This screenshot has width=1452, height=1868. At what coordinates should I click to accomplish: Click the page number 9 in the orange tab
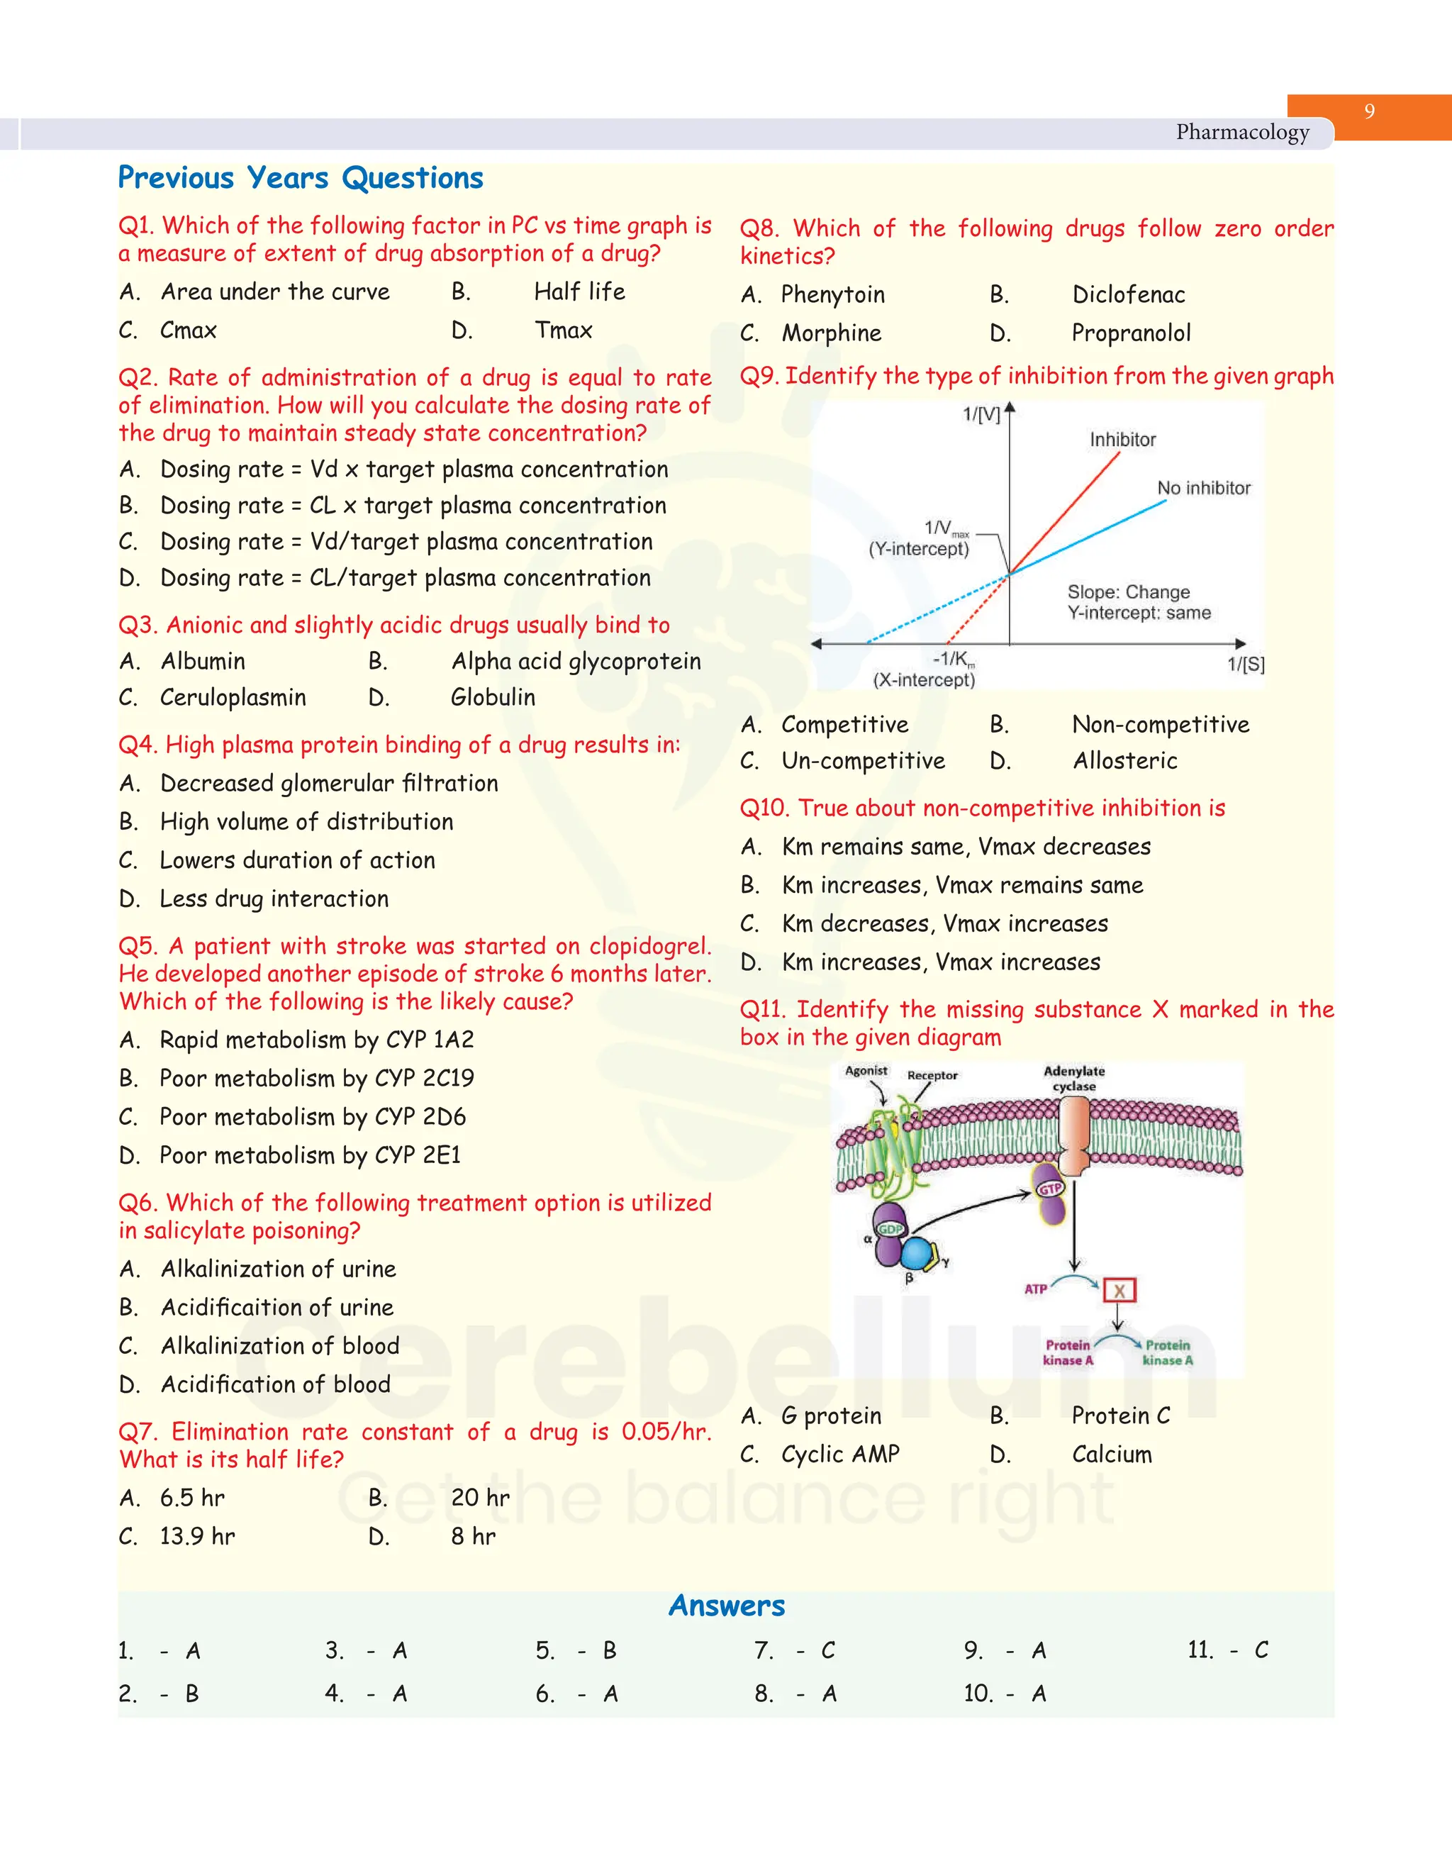[x=1369, y=111]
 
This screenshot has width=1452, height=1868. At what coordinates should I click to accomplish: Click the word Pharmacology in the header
[x=1241, y=133]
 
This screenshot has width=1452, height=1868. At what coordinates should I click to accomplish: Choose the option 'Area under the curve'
[x=274, y=291]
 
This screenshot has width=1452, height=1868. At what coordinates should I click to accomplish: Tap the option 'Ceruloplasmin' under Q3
[x=233, y=697]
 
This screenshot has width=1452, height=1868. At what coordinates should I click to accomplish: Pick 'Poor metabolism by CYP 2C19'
[x=316, y=1078]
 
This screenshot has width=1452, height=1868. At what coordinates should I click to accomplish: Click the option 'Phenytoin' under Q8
[x=832, y=294]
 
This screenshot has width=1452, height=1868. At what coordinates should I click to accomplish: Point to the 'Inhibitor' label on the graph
[x=1122, y=440]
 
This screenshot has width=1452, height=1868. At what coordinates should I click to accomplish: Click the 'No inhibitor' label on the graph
[x=1203, y=487]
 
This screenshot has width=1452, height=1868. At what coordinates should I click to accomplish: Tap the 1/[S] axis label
[x=1245, y=664]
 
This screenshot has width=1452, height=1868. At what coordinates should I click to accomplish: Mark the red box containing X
[x=1119, y=1291]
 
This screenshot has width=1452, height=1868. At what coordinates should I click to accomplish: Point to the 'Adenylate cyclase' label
[x=1074, y=1079]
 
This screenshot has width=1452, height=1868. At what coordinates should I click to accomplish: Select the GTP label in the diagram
[x=1050, y=1189]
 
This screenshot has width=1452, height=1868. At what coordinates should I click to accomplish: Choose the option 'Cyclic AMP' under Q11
[x=839, y=1454]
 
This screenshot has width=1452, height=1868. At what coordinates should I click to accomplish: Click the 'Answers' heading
[x=726, y=1606]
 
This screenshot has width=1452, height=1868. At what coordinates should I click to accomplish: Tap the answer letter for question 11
[x=1261, y=1650]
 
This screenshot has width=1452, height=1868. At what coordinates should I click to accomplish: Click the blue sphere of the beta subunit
[x=917, y=1254]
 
